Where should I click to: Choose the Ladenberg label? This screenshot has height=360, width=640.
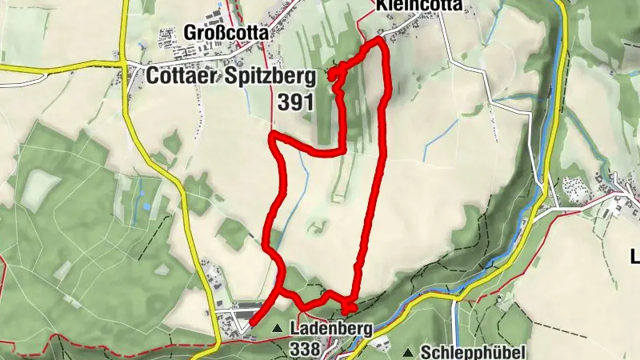320,328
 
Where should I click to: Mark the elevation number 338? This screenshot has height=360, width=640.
306,349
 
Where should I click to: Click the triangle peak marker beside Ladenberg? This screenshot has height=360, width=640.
278,328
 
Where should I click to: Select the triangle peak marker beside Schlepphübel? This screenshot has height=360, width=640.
409,352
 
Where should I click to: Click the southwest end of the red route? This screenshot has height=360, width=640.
251,323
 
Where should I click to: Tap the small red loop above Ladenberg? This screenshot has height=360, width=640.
349,308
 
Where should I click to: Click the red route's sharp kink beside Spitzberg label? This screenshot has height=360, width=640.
333,74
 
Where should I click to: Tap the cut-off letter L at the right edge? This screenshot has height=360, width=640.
635,257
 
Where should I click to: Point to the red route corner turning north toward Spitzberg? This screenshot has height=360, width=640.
343,149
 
